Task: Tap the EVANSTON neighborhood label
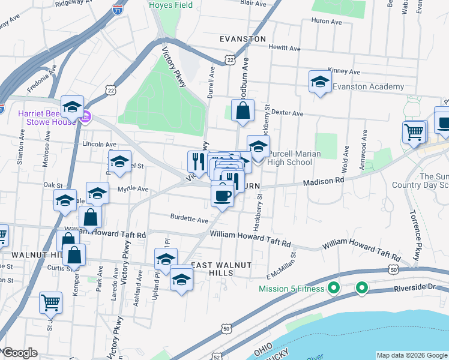243,39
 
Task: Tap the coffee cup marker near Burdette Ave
222,195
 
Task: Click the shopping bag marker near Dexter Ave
242,110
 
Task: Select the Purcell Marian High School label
294,158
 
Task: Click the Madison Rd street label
324,181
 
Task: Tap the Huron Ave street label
326,22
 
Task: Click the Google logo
20,352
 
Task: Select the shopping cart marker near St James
50,303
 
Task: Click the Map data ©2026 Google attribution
411,355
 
